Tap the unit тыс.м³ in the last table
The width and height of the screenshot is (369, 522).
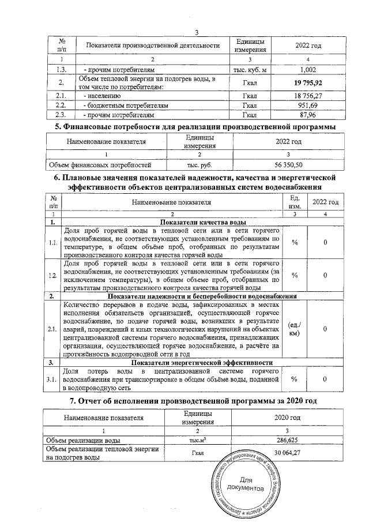coord(198,441)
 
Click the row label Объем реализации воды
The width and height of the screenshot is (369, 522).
coord(80,441)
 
